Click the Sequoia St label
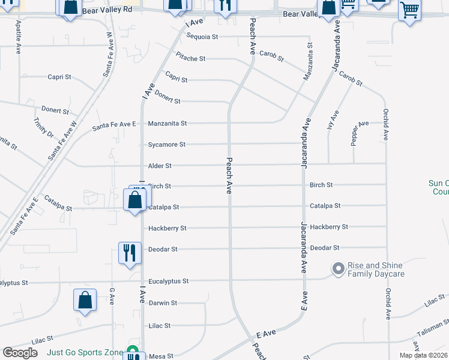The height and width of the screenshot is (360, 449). click(x=202, y=37)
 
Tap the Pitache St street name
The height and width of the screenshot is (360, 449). click(x=190, y=59)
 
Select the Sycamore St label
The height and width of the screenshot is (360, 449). click(x=166, y=145)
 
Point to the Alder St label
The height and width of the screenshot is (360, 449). click(x=160, y=166)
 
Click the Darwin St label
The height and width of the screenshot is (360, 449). click(x=163, y=303)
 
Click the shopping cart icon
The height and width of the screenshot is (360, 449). click(x=409, y=10)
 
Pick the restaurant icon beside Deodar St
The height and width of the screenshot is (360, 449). click(x=130, y=252)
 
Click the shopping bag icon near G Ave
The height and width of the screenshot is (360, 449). click(x=85, y=299)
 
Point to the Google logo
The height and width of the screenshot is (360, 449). click(x=20, y=353)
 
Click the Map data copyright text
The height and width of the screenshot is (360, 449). click(x=423, y=355)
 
